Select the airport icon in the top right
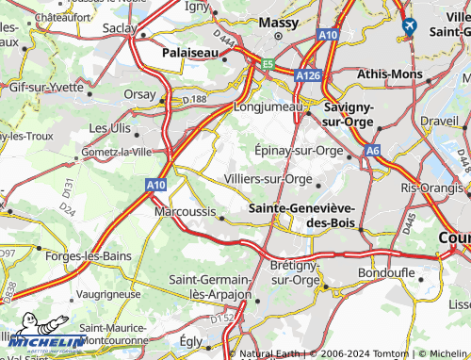coord(409,25)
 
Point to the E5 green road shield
coord(268,65)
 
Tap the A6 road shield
coord(374,150)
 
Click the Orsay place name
coord(138,94)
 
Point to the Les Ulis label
coord(110,127)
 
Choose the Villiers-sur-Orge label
coord(268,178)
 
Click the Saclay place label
coord(120,29)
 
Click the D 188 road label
coord(194,99)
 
